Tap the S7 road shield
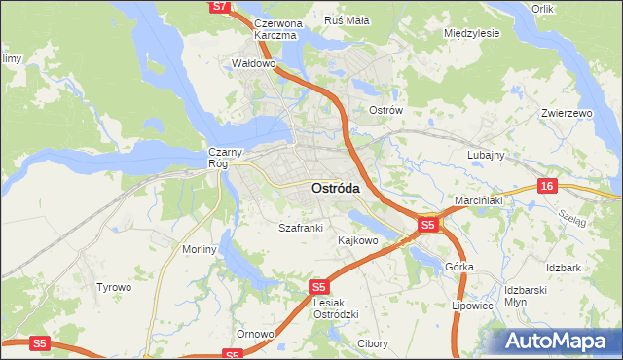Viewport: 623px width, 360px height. coord(220,6)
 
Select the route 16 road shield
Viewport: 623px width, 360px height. coord(548,186)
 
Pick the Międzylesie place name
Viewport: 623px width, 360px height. coord(471,33)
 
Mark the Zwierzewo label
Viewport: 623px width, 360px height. coord(567,114)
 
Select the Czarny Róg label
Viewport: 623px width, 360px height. coord(219,158)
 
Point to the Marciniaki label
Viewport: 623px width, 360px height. coord(477,201)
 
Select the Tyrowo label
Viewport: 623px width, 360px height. coord(113,287)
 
